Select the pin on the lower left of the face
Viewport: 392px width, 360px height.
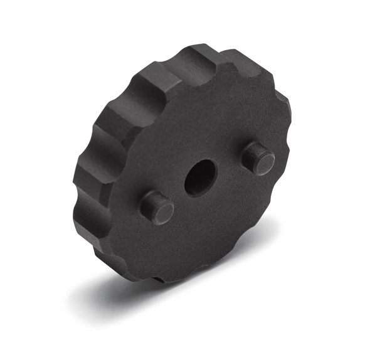156,207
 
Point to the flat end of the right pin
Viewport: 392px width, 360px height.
258,154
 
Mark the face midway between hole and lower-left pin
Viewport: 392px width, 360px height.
179,193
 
